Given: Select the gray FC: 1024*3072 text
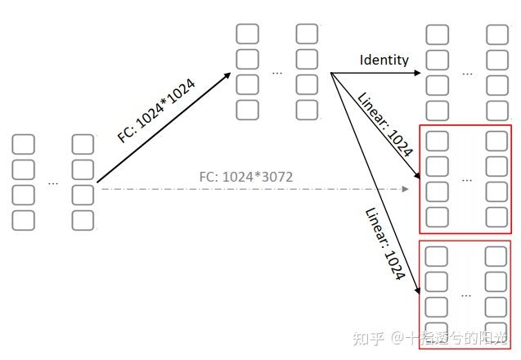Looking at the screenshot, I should (x=246, y=176).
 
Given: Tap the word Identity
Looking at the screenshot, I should (x=384, y=60).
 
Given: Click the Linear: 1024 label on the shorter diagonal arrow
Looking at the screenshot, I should (x=385, y=124).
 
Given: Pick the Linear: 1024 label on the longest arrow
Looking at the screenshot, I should (x=384, y=243).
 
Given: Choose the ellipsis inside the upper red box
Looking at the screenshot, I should (x=467, y=179).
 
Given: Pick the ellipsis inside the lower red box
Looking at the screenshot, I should (x=467, y=293).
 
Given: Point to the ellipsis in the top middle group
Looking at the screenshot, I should (x=277, y=73).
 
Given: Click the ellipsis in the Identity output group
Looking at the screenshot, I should (x=467, y=73).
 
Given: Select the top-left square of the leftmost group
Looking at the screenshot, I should (x=24, y=145).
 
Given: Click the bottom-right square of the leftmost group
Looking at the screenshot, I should (x=83, y=220).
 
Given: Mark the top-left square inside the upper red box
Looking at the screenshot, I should (x=438, y=141).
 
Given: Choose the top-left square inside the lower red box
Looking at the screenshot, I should (x=438, y=255).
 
